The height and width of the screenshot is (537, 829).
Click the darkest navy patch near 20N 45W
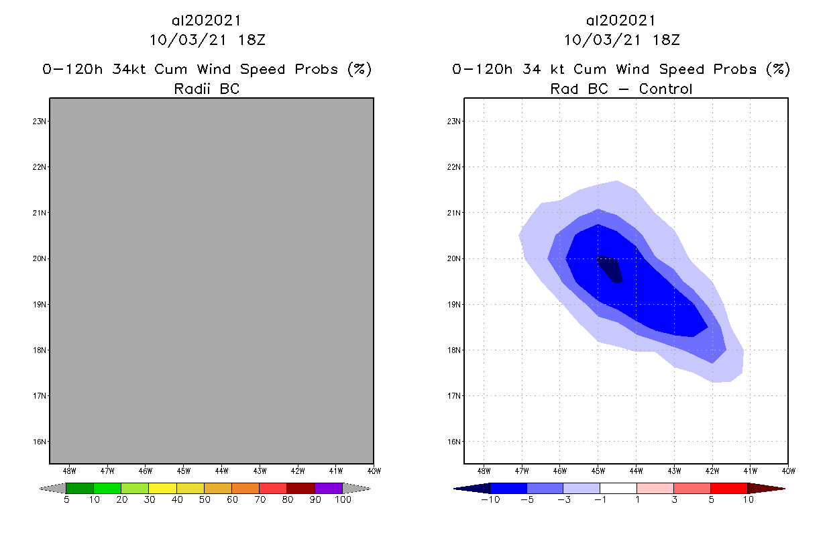click(x=611, y=269)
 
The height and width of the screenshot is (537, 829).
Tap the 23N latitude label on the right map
click(x=454, y=121)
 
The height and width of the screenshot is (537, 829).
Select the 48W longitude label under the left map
click(x=68, y=471)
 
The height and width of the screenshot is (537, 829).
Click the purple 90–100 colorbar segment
click(x=329, y=488)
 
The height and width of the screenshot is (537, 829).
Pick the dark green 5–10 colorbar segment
click(x=80, y=488)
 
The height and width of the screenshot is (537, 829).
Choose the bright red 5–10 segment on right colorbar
click(x=728, y=488)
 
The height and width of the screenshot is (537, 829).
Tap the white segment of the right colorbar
click(x=618, y=488)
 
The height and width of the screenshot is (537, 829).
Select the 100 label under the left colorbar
click(x=343, y=500)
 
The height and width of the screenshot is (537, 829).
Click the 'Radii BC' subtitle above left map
click(x=207, y=89)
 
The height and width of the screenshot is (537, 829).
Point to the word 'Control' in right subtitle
click(x=665, y=89)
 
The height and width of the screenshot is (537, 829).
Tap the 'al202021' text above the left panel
click(x=207, y=21)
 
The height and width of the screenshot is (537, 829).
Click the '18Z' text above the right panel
click(x=665, y=40)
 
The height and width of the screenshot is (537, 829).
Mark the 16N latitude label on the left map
click(x=40, y=442)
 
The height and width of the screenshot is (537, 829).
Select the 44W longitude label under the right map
click(x=636, y=471)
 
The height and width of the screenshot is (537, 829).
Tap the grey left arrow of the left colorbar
click(x=52, y=488)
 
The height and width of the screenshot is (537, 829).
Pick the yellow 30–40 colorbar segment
click(x=162, y=488)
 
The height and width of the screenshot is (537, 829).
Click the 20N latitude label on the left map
click(x=40, y=258)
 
